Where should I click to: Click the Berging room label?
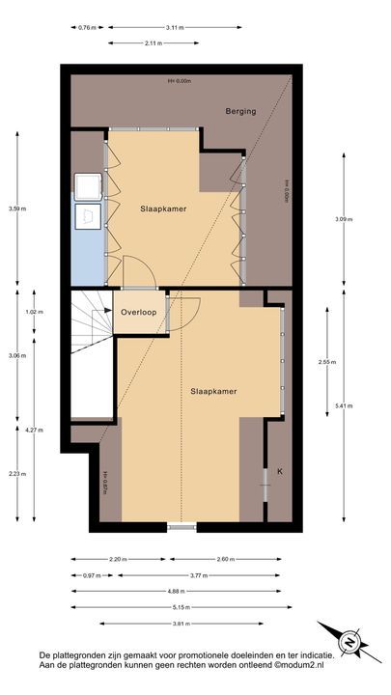[x=240, y=112]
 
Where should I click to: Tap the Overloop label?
[x=138, y=312]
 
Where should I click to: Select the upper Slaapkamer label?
[x=162, y=208]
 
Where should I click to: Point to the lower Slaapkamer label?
[x=213, y=391]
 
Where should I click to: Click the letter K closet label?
[x=280, y=471]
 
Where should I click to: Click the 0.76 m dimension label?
[x=87, y=28]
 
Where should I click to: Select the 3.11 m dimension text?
[x=175, y=28]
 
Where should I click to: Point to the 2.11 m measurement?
[x=152, y=43]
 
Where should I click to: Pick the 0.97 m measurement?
[x=91, y=575]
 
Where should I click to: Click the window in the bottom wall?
[x=181, y=527]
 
